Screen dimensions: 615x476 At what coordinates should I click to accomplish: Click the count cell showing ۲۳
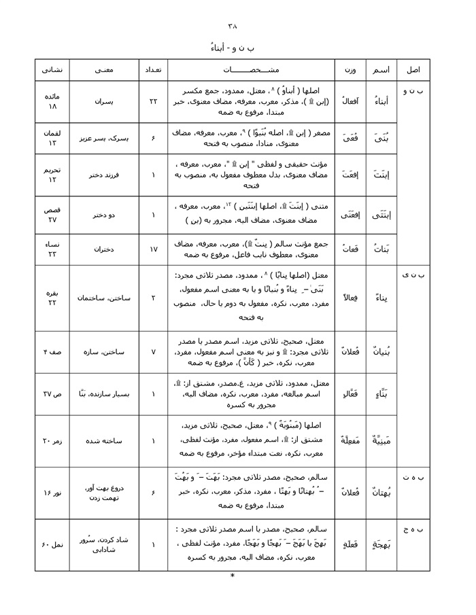pyautogui.click(x=153, y=101)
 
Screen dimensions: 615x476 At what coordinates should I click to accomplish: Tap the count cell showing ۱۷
pyautogui.click(x=153, y=249)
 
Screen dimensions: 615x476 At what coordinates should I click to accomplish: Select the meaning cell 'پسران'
pyautogui.click(x=105, y=101)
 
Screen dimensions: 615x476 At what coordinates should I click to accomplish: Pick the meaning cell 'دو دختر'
pyautogui.click(x=105, y=215)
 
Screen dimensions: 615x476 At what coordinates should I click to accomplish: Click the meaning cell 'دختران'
pyautogui.click(x=105, y=249)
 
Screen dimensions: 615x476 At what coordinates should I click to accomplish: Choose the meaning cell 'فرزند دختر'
pyautogui.click(x=105, y=175)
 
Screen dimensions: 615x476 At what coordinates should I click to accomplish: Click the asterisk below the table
pyautogui.click(x=233, y=576)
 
